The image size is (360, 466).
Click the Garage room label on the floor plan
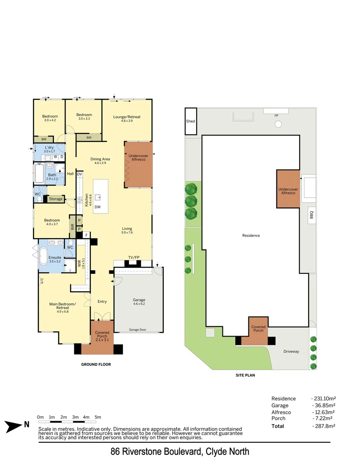[139, 300]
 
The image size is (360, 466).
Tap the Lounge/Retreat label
[127, 117]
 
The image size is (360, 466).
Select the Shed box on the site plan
[191, 121]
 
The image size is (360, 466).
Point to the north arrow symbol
[15, 426]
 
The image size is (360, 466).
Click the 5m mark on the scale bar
[98, 417]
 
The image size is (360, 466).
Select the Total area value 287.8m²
[323, 426]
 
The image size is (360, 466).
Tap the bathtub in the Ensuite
[44, 256]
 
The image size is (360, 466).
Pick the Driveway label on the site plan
[291, 352]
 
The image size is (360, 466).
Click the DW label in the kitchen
[98, 207]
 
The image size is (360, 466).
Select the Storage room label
[56, 199]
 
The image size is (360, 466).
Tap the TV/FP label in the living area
[134, 257]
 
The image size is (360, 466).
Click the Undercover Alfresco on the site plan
[288, 191]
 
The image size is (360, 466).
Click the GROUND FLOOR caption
[96, 365]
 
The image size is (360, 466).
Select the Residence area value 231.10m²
[323, 399]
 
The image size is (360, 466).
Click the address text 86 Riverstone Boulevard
[157, 452]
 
